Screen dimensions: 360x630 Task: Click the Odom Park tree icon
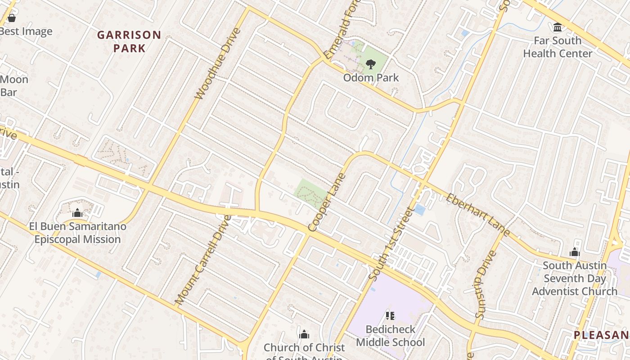click(370, 64)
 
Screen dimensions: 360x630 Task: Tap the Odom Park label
click(371, 78)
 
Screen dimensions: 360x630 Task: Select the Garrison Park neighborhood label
click(129, 41)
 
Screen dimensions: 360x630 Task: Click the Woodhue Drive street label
click(218, 63)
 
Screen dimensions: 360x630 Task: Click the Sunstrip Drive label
click(486, 284)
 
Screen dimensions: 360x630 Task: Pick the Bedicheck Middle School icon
click(390, 316)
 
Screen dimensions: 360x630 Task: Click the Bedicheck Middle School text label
click(390, 336)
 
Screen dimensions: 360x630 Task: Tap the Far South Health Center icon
click(558, 27)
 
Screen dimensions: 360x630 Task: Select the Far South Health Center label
click(558, 47)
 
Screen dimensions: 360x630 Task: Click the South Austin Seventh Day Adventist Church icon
click(575, 252)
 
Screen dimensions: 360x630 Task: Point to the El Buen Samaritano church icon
click(77, 213)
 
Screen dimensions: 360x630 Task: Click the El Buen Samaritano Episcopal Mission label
click(77, 233)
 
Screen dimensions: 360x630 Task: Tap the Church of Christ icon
click(304, 334)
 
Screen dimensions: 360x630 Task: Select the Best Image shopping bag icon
click(12, 18)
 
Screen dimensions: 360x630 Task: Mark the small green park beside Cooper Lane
click(310, 193)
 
